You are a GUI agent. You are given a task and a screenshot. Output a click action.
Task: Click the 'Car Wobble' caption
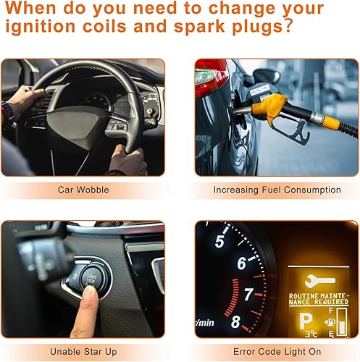83,190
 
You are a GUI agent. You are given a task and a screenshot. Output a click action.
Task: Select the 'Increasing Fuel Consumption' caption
277,190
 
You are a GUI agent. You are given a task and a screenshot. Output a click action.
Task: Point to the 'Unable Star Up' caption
83,351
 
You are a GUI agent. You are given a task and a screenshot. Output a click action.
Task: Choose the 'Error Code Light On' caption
277,351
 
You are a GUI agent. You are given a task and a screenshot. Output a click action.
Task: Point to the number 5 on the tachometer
219,241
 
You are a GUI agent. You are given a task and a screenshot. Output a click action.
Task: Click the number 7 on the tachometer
248,295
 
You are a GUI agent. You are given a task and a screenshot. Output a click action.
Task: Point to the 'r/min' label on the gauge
204,321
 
